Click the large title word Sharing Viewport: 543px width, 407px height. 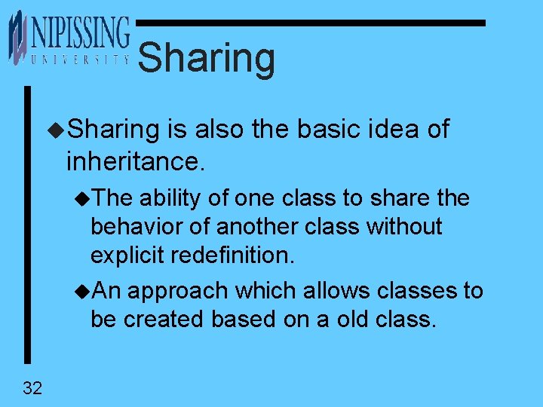(x=207, y=59)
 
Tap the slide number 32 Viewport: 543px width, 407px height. (x=32, y=388)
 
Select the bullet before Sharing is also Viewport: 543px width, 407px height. (x=56, y=130)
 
